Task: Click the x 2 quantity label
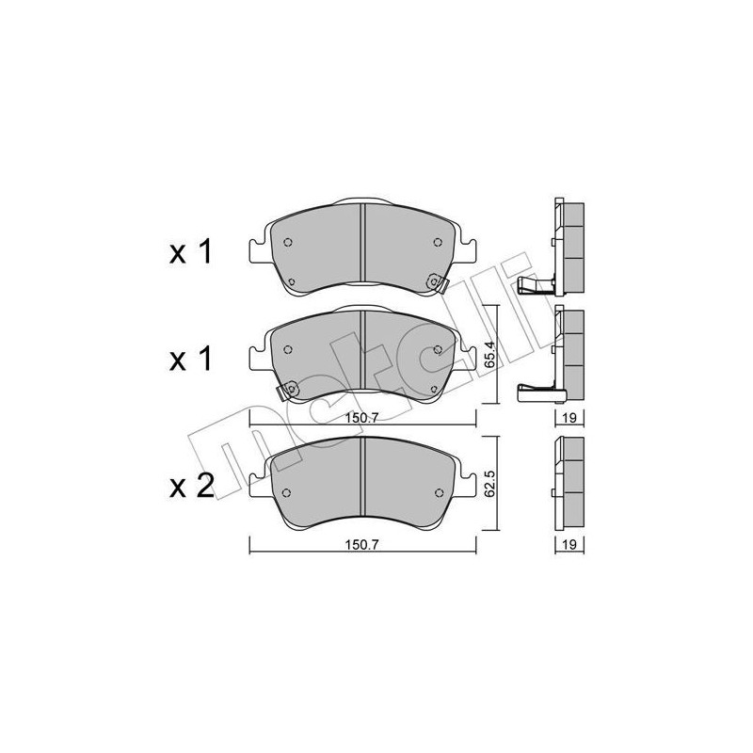[x=192, y=486]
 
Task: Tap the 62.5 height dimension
[x=489, y=478]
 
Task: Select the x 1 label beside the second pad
[x=192, y=359]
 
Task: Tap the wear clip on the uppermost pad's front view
[x=436, y=280]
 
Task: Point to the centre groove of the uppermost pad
[x=363, y=248]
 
